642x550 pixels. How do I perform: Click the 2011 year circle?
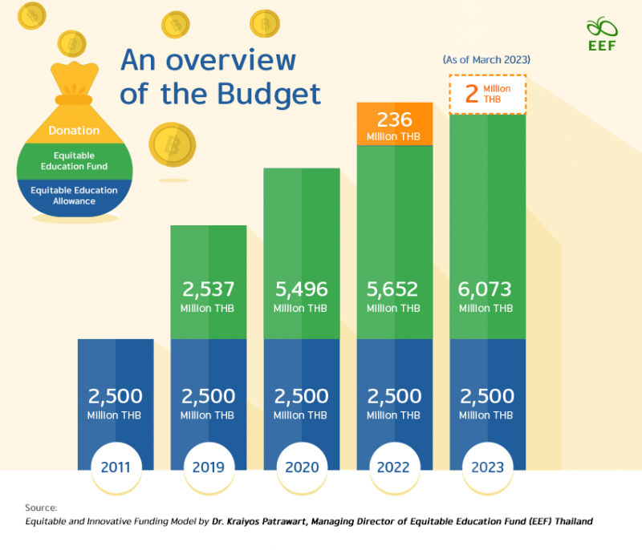[116, 466]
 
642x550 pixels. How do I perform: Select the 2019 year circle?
[209, 466]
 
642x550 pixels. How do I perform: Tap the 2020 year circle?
[302, 466]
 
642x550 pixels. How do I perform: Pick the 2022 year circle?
[394, 466]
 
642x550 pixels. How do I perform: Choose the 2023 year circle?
[487, 466]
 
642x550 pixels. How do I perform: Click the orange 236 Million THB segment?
[395, 124]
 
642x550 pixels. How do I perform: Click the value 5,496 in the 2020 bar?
[302, 289]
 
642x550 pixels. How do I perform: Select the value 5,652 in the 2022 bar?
[394, 289]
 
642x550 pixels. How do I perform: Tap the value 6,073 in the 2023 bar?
[487, 289]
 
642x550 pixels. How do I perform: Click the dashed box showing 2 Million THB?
[487, 94]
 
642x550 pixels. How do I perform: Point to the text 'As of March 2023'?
[486, 59]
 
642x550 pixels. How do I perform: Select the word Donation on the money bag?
[74, 130]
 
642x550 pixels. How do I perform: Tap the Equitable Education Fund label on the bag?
[74, 160]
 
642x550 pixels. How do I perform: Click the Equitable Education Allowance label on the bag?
[74, 196]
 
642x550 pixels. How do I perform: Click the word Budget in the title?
[269, 94]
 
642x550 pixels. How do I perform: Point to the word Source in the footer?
[41, 508]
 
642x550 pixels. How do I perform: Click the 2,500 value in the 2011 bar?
[116, 396]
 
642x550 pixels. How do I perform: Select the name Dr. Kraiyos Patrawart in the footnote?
[265, 522]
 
